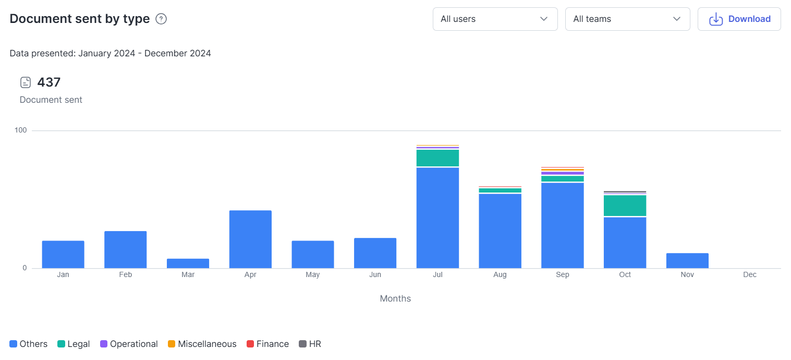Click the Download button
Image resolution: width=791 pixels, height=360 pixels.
739,19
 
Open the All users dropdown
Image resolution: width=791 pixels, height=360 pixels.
495,19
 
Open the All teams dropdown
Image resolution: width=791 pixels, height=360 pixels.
627,19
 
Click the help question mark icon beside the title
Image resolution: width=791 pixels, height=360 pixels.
162,19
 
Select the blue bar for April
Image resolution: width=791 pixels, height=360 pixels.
250,239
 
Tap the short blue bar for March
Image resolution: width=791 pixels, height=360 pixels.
188,263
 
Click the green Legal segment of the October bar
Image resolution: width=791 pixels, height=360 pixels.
625,206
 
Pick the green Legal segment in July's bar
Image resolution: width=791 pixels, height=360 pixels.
437,158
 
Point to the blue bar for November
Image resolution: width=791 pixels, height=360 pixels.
687,260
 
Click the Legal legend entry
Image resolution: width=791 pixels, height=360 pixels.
74,344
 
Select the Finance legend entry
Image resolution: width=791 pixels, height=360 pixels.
267,344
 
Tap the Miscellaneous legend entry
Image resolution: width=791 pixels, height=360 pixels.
202,344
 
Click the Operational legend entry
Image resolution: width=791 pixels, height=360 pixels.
129,344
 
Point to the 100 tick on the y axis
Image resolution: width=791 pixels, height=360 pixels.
21,130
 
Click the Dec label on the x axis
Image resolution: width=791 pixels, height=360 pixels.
749,274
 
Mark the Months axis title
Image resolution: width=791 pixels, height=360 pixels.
395,298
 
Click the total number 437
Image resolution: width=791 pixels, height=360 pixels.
49,82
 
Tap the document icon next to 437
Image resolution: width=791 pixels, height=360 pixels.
26,82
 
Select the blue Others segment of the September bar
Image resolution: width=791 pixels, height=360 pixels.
562,225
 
